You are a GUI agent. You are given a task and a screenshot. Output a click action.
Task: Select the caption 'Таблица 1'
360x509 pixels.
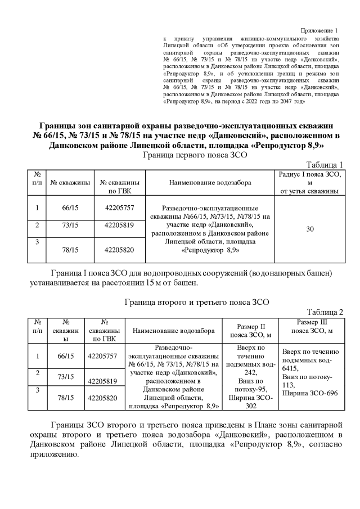click(325, 164)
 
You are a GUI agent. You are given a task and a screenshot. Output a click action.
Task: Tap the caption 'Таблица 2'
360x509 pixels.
click(325, 312)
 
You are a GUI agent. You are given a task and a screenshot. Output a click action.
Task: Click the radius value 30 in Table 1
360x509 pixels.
click(310, 229)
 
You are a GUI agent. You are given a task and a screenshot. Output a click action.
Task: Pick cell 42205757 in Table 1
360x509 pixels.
click(119, 208)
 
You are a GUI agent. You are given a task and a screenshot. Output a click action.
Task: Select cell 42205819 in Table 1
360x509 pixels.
click(119, 226)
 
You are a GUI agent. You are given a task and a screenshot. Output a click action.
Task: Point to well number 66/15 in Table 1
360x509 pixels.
click(70, 208)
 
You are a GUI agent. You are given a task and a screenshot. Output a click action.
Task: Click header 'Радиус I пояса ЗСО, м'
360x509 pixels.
click(310, 183)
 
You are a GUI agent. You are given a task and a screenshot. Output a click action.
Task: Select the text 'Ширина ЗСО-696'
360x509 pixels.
click(309, 393)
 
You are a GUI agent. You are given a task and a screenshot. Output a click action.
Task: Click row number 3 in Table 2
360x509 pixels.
click(37, 389)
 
